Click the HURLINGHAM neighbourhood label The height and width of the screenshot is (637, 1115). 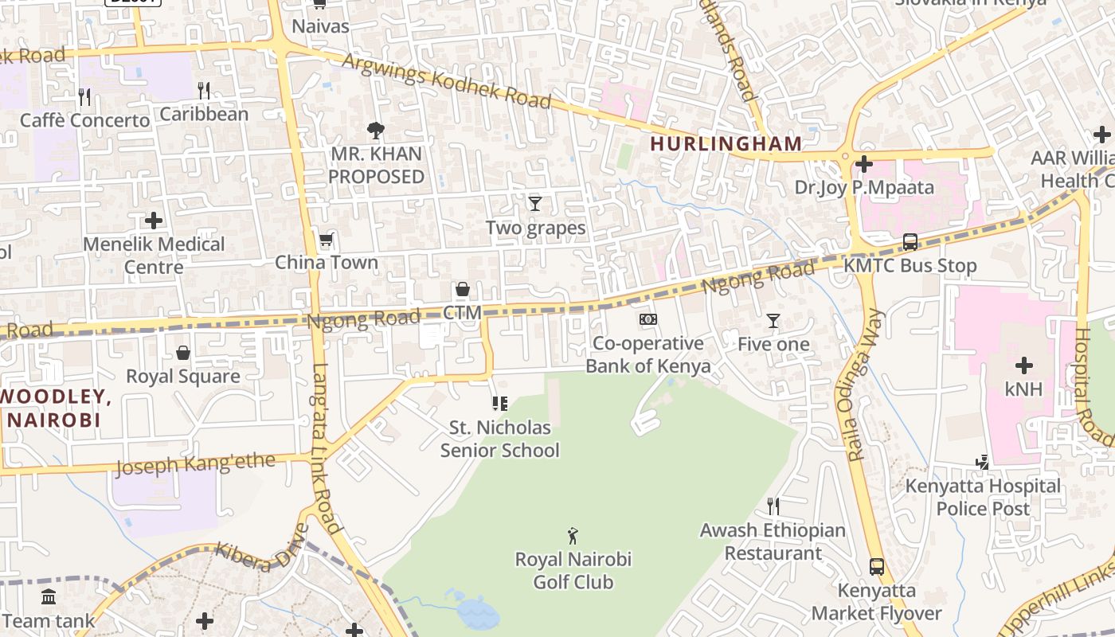(x=726, y=143)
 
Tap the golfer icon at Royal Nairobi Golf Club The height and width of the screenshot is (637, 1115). (x=573, y=535)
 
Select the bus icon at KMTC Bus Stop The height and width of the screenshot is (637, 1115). (x=910, y=242)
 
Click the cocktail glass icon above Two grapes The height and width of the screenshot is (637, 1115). (x=535, y=204)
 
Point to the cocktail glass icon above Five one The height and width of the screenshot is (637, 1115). (x=773, y=321)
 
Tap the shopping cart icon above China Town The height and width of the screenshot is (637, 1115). (x=326, y=240)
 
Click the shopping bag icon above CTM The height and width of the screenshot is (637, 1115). (x=462, y=289)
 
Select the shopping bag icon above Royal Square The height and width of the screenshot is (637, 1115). (x=183, y=353)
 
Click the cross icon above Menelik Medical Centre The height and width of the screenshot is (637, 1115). (x=154, y=221)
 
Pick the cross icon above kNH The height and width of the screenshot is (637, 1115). (x=1023, y=365)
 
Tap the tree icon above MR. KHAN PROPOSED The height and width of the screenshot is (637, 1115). (x=376, y=130)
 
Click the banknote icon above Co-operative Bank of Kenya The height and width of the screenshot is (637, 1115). (x=648, y=319)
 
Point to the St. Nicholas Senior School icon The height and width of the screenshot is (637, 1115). (x=500, y=404)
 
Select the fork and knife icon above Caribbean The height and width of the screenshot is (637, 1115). (x=204, y=91)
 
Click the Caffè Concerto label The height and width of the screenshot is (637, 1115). (x=84, y=120)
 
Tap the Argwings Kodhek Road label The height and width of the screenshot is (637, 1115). (x=447, y=81)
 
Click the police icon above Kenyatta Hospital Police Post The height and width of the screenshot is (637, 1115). (x=982, y=462)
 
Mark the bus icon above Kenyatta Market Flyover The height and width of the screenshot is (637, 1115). (x=876, y=567)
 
